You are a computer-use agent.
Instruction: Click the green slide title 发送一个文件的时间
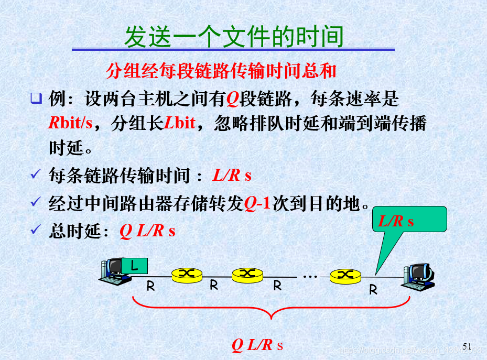pos(233,37)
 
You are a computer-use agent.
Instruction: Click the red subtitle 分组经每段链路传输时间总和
pos(221,71)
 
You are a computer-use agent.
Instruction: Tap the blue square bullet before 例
pos(36,98)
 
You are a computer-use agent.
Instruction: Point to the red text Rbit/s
pos(70,123)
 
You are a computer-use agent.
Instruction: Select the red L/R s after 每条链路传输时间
pos(232,176)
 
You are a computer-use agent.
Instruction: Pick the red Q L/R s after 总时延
pos(147,231)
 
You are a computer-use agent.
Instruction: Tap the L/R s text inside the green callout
pos(396,221)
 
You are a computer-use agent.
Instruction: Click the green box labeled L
pos(134,266)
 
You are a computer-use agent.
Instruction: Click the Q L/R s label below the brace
pos(257,345)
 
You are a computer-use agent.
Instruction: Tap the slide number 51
pos(467,346)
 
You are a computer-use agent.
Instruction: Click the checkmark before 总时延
pos(36,230)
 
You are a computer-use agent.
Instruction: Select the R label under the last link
pos(373,289)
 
